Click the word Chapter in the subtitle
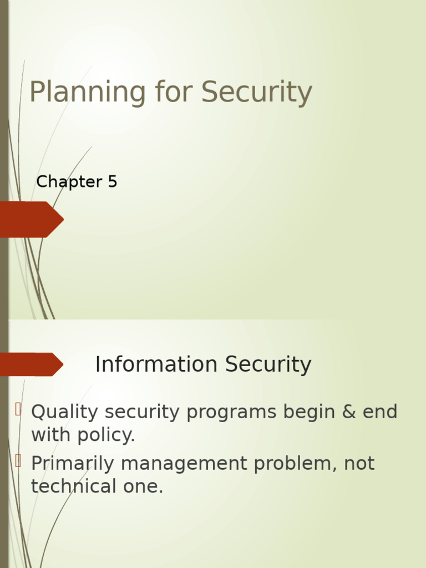[61, 182]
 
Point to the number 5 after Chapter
[113, 182]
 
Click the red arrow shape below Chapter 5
[31, 220]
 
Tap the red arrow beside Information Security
[31, 364]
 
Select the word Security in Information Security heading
[268, 365]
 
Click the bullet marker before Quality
[18, 410]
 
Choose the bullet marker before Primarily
[18, 460]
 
